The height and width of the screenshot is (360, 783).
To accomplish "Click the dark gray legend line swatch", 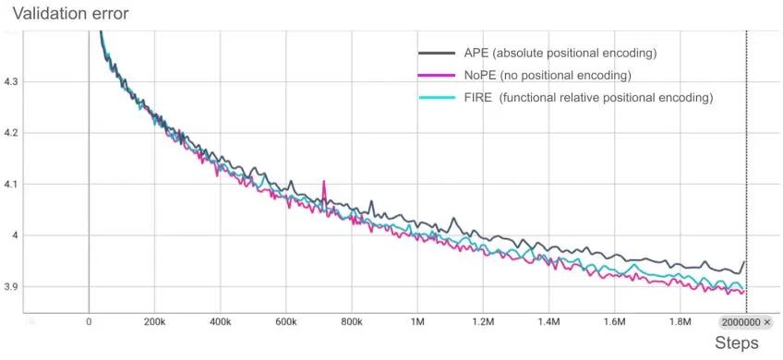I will pos(436,53).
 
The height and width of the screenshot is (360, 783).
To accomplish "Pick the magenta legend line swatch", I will pos(436,75).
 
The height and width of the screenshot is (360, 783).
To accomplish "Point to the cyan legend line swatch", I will pos(436,97).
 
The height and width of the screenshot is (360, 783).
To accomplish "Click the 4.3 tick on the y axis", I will pos(11,82).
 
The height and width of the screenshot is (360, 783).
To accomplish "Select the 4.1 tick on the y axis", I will pos(11,185).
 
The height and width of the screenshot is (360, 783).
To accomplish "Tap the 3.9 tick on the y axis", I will pos(11,287).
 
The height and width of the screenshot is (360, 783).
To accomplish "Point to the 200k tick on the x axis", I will pos(154,322).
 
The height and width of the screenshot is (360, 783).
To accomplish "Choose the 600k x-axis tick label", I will pos(285,322).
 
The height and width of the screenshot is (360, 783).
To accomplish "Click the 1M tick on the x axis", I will pos(417,322).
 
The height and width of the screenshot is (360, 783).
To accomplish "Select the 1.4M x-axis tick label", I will pos(548,322).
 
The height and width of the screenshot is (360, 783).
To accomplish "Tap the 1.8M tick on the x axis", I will pos(680,322).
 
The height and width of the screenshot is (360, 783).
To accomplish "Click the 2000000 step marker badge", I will pos(745,322).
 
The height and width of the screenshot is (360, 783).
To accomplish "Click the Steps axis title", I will pos(736,343).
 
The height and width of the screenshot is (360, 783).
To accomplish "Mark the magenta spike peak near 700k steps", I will pos(324,182).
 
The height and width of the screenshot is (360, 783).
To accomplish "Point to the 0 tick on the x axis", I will pos(89,322).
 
